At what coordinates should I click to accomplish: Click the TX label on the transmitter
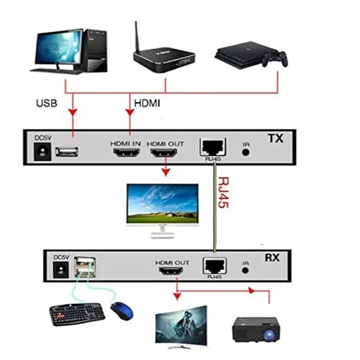point(276,138)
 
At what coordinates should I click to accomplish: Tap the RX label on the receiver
point(272,258)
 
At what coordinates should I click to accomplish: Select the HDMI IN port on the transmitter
point(127,153)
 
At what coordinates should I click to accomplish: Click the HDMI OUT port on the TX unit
point(163,153)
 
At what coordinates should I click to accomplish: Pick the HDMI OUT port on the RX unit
point(171,271)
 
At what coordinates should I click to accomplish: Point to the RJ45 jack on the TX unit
point(213,147)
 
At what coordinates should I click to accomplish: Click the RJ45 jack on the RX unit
point(215,266)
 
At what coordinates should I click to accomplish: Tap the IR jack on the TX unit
point(246,152)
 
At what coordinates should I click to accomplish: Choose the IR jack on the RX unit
point(245,271)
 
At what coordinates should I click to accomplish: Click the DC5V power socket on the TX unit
point(42,152)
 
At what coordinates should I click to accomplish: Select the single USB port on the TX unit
point(67,152)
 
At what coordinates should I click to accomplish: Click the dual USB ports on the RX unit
point(85,267)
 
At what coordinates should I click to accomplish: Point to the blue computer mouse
point(122,311)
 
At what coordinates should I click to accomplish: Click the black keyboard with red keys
point(77,314)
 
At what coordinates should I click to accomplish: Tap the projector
point(256,330)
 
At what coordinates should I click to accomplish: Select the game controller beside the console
point(275,59)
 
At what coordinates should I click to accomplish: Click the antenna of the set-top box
point(137,37)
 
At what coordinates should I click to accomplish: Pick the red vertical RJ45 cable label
point(223,192)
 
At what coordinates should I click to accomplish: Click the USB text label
point(47,103)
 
